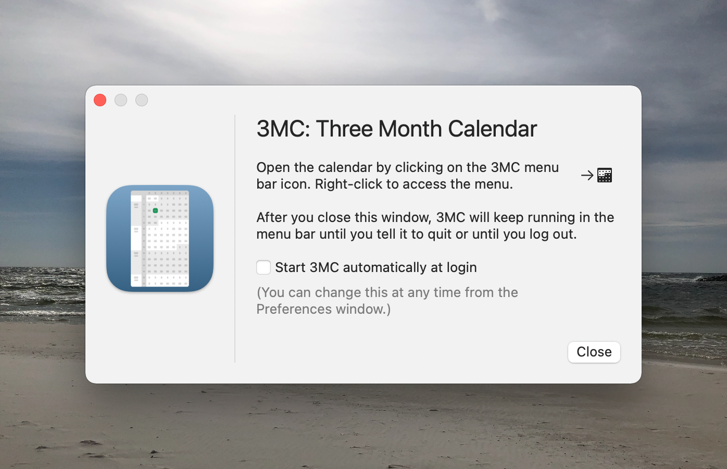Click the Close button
click(x=594, y=352)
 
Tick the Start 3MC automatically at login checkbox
click(x=263, y=267)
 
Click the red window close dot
click(x=100, y=100)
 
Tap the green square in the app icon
click(x=156, y=211)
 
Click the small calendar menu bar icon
click(x=604, y=176)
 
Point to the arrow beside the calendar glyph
click(x=587, y=176)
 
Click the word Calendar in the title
click(x=492, y=129)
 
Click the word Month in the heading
click(x=410, y=129)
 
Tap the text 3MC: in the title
click(x=283, y=129)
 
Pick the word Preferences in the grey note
click(x=294, y=309)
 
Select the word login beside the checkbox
click(x=461, y=268)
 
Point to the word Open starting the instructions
click(x=273, y=168)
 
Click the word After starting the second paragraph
click(x=272, y=217)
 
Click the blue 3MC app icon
click(x=160, y=238)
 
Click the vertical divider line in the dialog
click(x=235, y=238)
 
